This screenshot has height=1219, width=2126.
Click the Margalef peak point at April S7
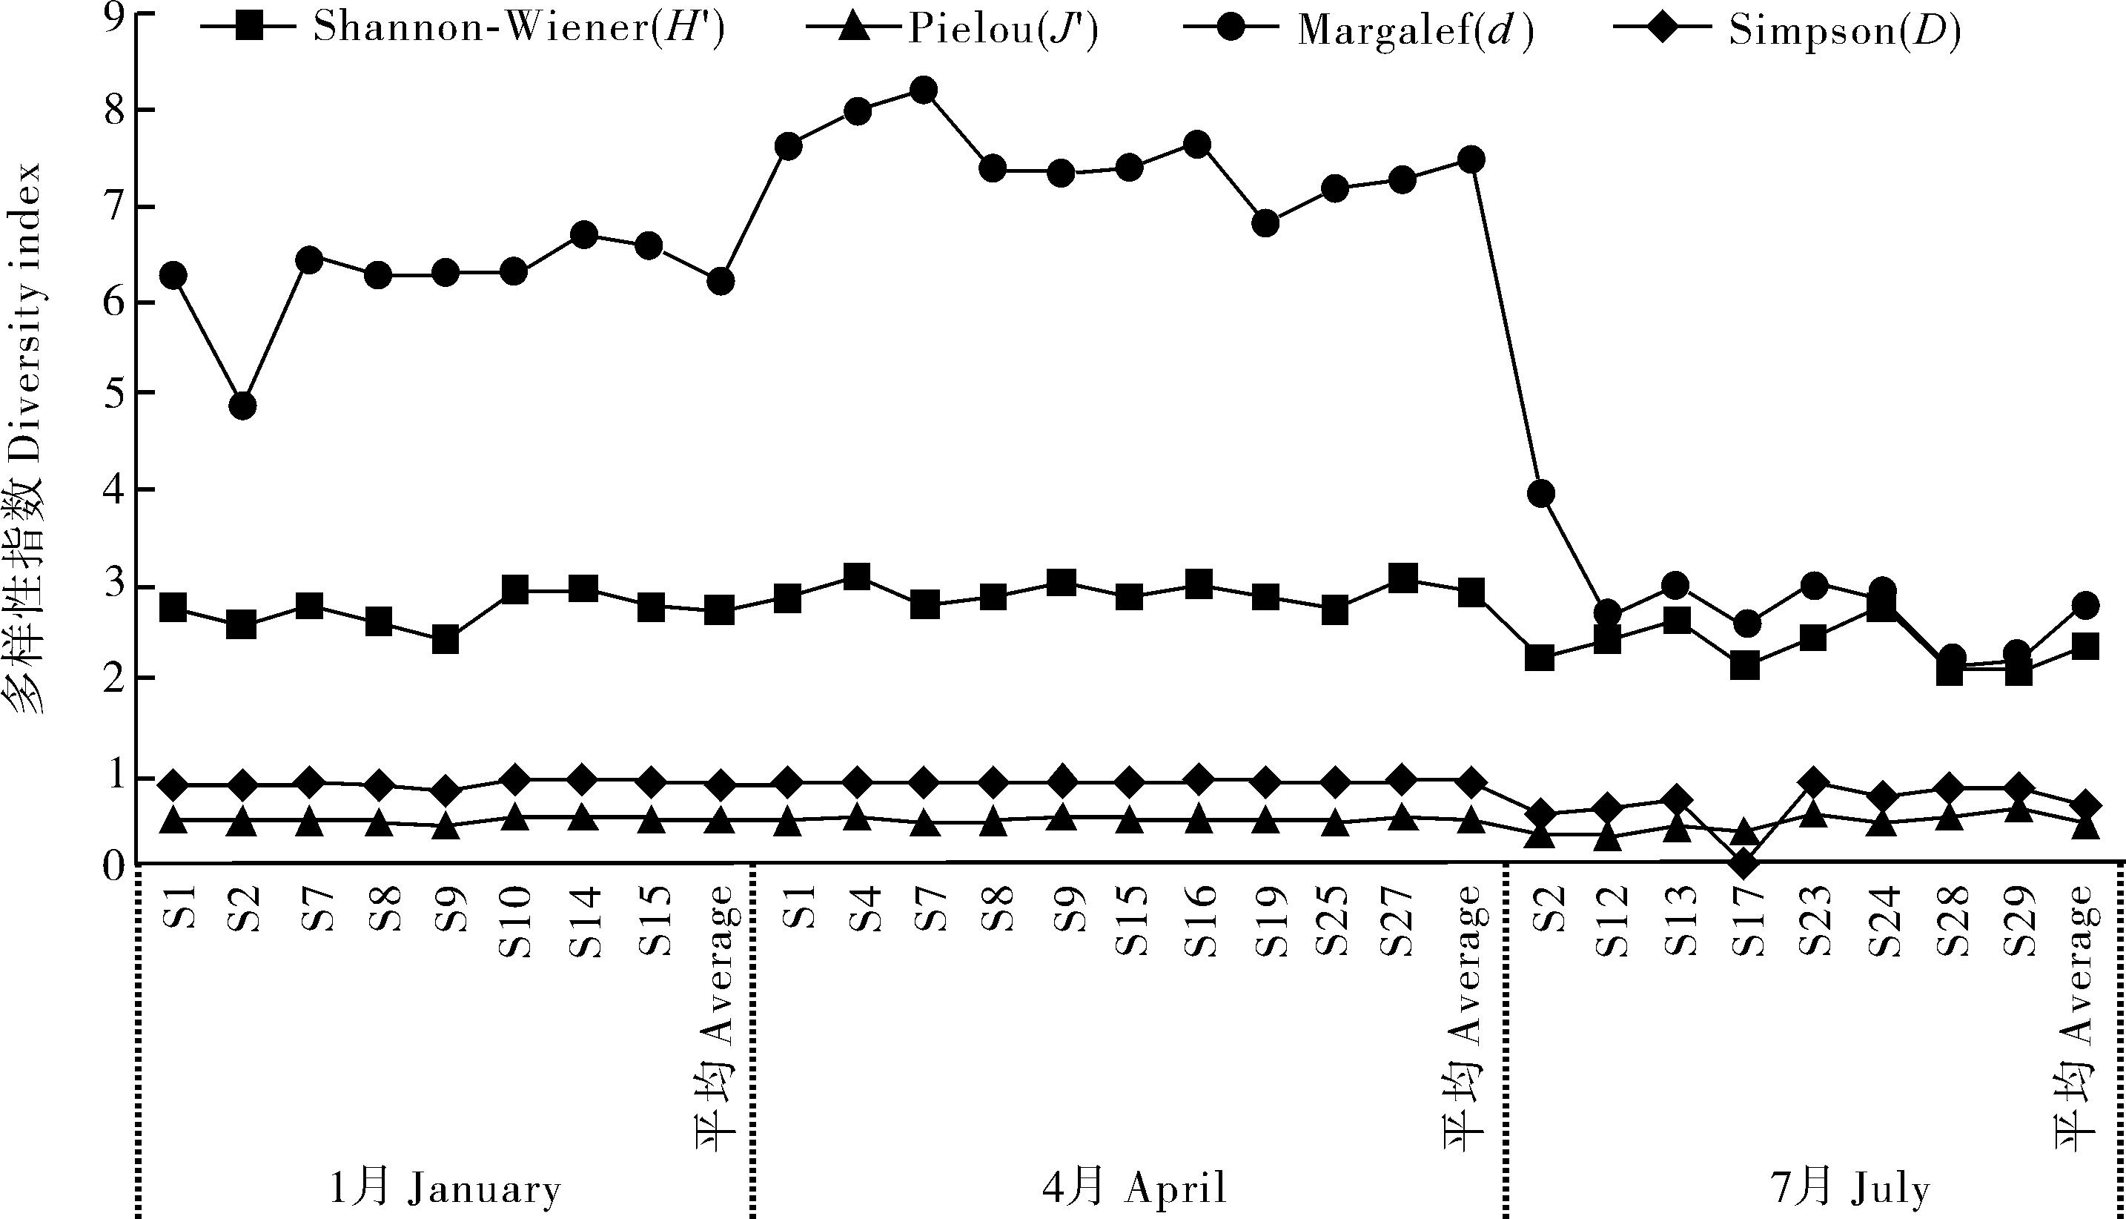coord(923,90)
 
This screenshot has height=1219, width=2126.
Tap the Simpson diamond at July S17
coord(1743,863)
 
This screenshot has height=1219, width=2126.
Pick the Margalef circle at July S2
coord(1541,494)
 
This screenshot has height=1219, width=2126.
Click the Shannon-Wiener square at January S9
coord(446,640)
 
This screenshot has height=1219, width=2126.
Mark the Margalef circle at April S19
coord(1265,223)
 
